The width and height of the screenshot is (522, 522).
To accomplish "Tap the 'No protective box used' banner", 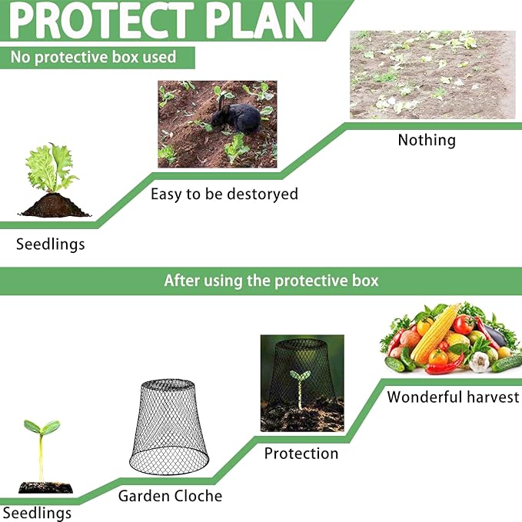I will pyautogui.click(x=93, y=57).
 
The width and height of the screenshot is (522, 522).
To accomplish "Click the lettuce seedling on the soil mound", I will pyautogui.click(x=52, y=169).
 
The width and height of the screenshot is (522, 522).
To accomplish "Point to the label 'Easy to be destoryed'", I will pyautogui.click(x=224, y=194).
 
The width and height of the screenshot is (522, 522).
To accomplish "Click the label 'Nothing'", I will pyautogui.click(x=427, y=140).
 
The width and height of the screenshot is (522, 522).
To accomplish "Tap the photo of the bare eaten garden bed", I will pyautogui.click(x=432, y=75).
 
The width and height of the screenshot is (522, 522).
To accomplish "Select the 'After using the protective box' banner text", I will pyautogui.click(x=271, y=281).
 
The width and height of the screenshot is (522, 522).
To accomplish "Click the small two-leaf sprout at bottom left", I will pyautogui.click(x=41, y=442).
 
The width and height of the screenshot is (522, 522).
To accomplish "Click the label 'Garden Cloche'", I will pyautogui.click(x=170, y=496).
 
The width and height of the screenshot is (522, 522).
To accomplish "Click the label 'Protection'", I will pyautogui.click(x=301, y=454).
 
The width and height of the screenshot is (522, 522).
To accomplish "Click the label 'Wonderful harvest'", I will pyautogui.click(x=453, y=397).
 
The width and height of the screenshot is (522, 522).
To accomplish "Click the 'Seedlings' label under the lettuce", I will pyautogui.click(x=51, y=244).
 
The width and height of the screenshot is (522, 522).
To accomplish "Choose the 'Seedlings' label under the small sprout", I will pyautogui.click(x=37, y=513).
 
